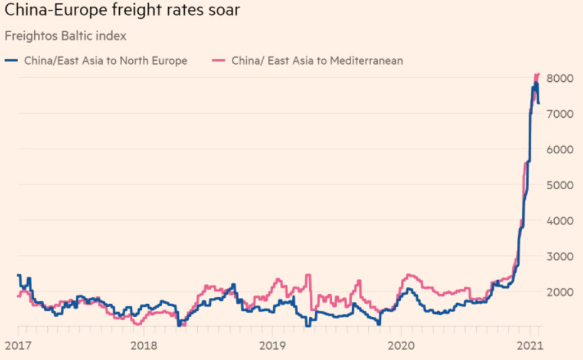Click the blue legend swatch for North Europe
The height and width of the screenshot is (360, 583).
(x=11, y=61)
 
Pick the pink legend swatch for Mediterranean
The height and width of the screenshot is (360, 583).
(x=219, y=61)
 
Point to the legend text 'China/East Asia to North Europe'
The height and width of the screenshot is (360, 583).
(x=105, y=61)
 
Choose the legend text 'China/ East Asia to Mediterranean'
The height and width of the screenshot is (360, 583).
(x=317, y=61)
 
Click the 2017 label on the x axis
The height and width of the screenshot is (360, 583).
(x=16, y=344)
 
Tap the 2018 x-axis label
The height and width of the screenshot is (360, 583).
(x=144, y=344)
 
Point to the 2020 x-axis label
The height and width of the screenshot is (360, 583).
(x=400, y=344)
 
